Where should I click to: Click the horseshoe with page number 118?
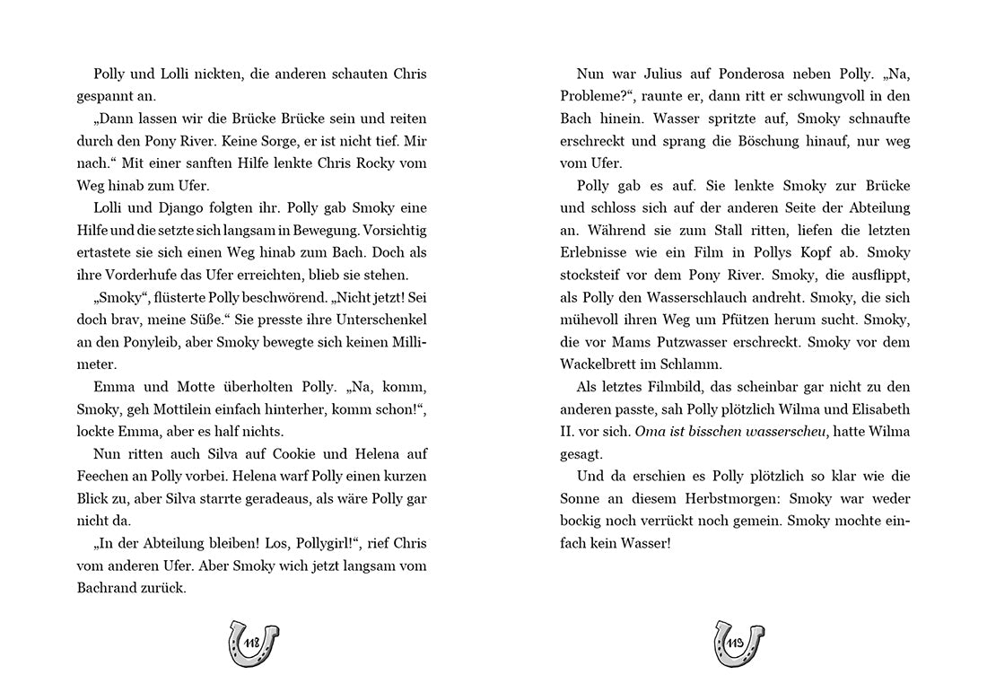(254, 642)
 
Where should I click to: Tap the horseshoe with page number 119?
(738, 642)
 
